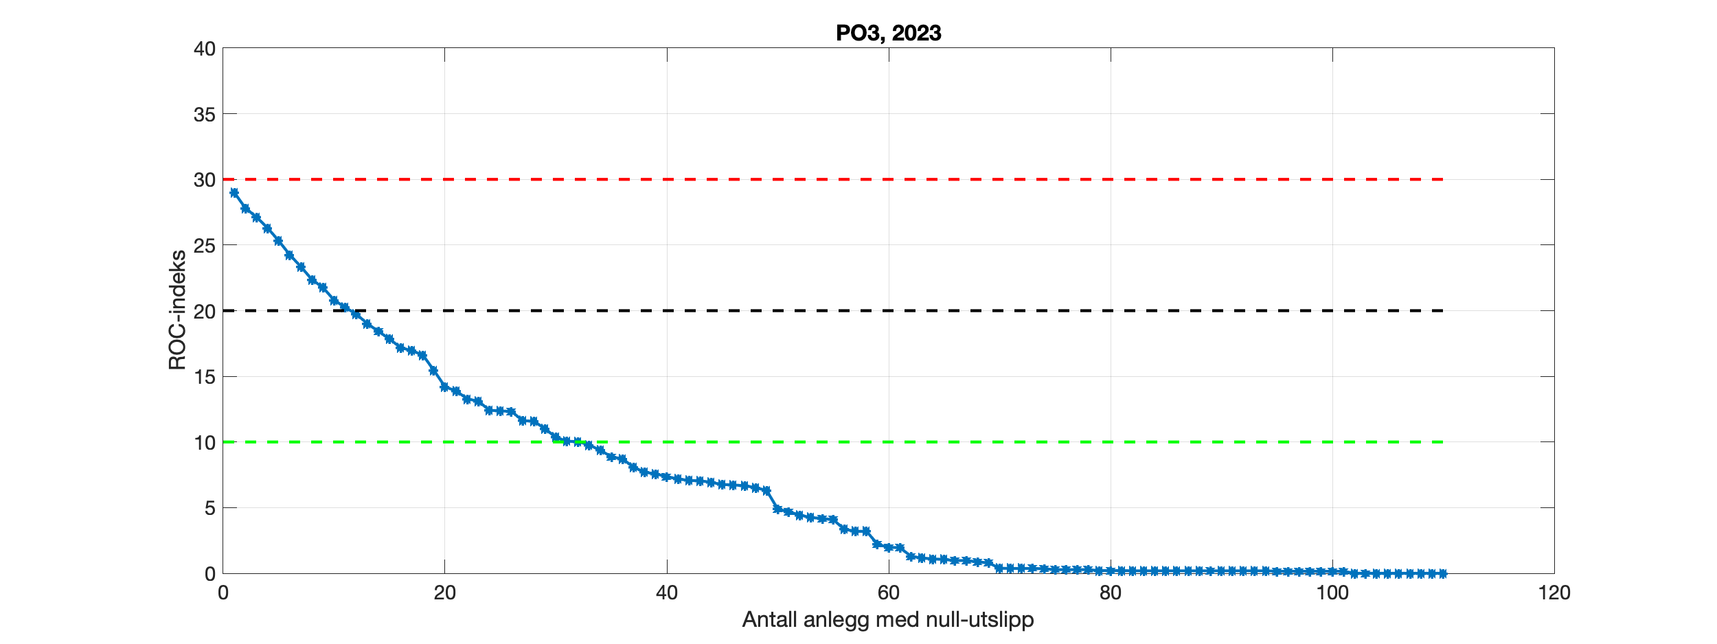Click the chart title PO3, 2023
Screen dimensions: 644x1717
point(888,33)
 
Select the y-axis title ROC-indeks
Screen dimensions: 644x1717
point(177,310)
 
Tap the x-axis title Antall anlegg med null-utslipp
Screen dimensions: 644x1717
point(888,619)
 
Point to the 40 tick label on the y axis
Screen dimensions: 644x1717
point(205,49)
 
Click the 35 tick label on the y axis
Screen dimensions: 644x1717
point(205,115)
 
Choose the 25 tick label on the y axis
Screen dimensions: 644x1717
point(205,246)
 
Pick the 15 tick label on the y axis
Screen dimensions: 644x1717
point(205,377)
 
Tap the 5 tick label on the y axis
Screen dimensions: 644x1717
point(209,508)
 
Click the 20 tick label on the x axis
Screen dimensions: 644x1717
point(444,593)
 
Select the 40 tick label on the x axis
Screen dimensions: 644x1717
point(666,593)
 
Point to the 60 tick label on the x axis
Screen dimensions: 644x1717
point(888,593)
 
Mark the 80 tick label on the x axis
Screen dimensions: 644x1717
point(1110,593)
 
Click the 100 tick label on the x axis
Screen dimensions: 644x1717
point(1332,593)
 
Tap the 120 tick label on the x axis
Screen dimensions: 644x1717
point(1554,593)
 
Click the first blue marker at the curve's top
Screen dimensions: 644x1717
point(234,193)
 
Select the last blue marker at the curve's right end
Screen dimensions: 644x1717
point(1443,573)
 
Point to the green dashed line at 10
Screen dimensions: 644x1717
point(962,442)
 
